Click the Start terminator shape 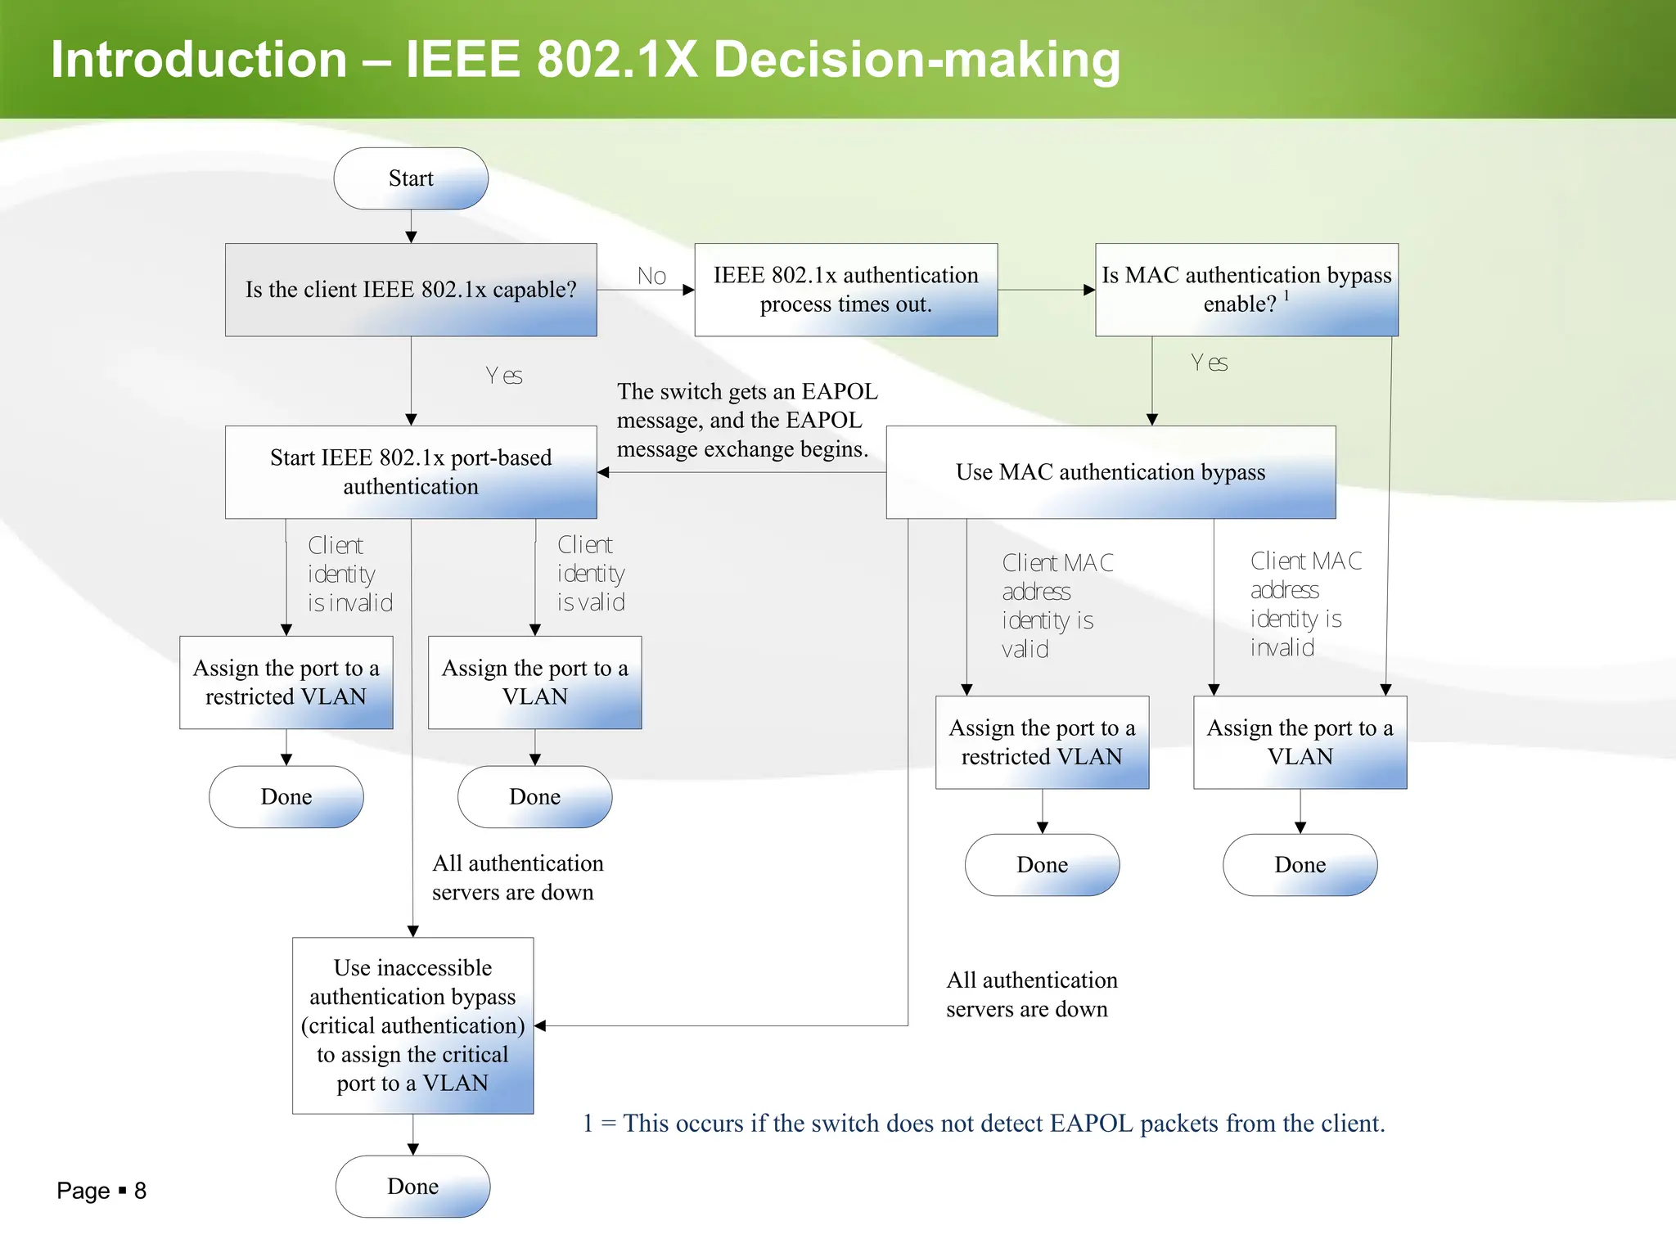coord(411,178)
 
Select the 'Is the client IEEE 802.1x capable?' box coord(411,290)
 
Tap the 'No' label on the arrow coord(651,277)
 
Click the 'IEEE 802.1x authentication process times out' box coord(845,290)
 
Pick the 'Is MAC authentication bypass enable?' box coord(1246,290)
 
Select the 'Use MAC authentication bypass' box coord(1111,472)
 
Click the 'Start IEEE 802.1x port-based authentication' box coord(411,472)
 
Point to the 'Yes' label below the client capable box coord(504,376)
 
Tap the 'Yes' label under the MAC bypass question coord(1209,363)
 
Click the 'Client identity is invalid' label coord(349,574)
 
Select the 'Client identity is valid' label coord(591,574)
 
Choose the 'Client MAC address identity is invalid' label coord(1304,605)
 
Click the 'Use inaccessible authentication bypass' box coord(412,1025)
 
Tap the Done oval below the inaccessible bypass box coord(412,1187)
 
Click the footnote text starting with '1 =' coord(983,1124)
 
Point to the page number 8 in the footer coord(140,1191)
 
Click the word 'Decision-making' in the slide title coord(916,60)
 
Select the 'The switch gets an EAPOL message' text coord(746,420)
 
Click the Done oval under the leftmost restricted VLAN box coord(286,797)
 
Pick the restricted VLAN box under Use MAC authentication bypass coord(1042,742)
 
